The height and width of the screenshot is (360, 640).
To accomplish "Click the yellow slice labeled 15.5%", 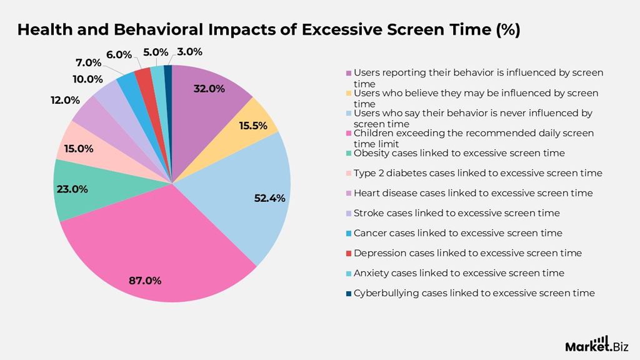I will click(x=253, y=122).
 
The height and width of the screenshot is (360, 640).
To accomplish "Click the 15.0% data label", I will click(x=79, y=149).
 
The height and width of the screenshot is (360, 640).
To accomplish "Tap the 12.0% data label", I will click(x=66, y=100).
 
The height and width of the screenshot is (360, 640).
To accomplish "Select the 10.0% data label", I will click(x=87, y=79).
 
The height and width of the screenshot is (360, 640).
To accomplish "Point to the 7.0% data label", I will click(x=88, y=62).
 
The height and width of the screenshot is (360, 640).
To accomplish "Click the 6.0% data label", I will click(x=119, y=54).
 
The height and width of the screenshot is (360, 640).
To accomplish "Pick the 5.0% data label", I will click(x=156, y=52).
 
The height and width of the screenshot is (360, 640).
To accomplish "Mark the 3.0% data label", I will click(x=189, y=52).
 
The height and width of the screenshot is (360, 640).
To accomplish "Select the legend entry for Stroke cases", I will click(x=456, y=213).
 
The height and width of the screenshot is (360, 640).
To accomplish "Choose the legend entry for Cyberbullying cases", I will click(x=474, y=293).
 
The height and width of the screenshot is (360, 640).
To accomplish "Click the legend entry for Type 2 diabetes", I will click(x=477, y=173).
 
